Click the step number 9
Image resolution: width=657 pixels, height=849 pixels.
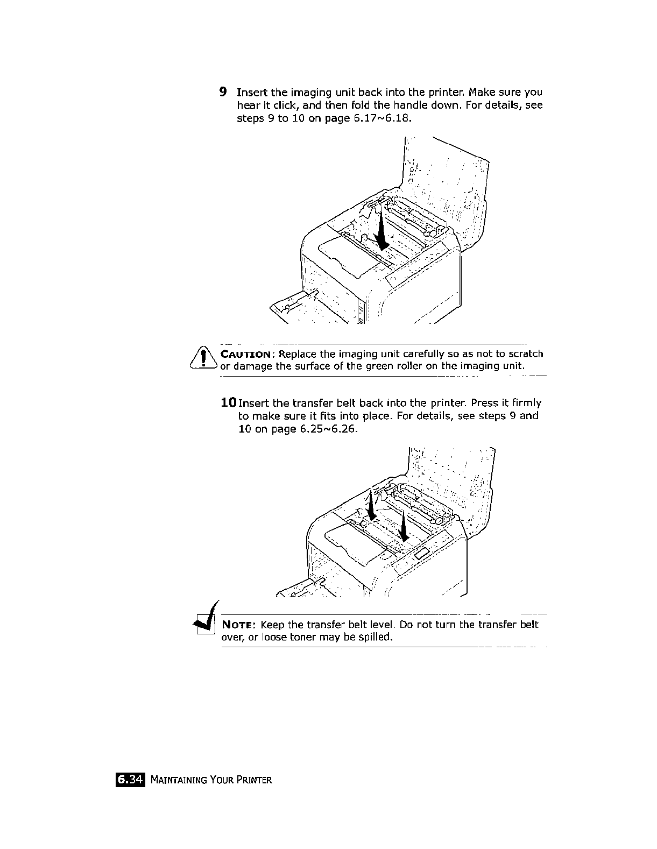[223, 91]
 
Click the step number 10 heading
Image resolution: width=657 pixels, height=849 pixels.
[228, 402]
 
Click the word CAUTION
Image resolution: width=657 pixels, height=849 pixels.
[248, 354]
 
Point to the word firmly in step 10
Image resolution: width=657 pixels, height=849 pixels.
[522, 403]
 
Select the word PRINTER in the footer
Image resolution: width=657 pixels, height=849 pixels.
[253, 780]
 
